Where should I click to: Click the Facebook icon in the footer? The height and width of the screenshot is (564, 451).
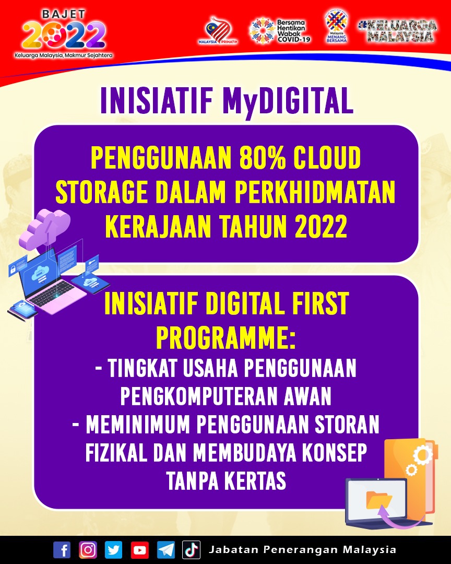tap(62, 550)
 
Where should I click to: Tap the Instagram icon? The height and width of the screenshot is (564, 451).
tap(88, 550)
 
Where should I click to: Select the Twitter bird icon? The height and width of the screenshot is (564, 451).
tap(114, 550)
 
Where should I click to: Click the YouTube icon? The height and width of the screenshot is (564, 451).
tap(139, 550)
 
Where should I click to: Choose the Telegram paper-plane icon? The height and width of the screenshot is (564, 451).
tap(166, 550)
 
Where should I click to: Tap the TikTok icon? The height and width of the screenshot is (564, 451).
tap(192, 550)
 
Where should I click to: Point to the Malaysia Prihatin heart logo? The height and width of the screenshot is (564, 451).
tap(218, 31)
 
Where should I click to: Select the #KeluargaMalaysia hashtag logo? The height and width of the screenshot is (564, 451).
tap(398, 31)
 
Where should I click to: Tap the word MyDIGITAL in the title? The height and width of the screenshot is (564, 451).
tap(288, 101)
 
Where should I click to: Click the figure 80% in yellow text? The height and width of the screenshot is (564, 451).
tap(263, 158)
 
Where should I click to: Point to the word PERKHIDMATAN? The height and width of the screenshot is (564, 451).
tap(315, 192)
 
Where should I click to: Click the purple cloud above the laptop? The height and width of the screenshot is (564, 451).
tap(45, 227)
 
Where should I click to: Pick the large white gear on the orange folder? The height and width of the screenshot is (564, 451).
tap(423, 455)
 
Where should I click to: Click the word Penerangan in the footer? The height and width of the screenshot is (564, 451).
tap(301, 549)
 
